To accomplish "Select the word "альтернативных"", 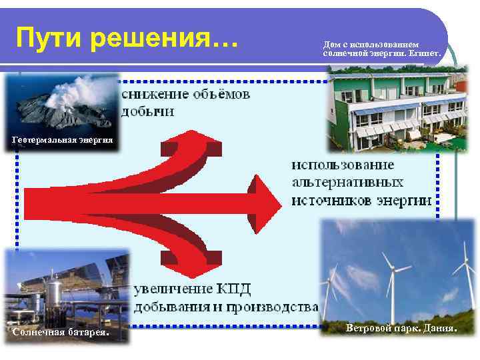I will coord(347,182).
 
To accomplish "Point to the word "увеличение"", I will coord(173,289).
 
